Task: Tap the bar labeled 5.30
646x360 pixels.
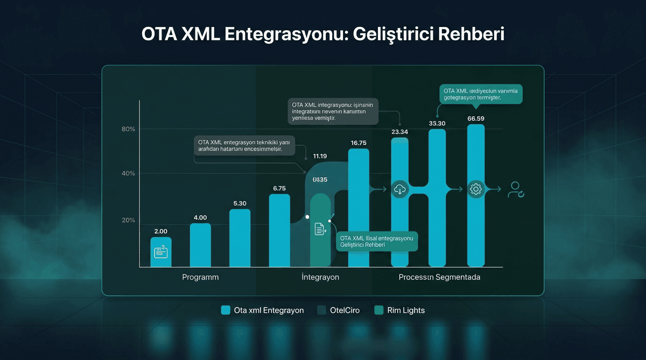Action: point(240,238)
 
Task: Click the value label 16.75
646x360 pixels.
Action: point(359,143)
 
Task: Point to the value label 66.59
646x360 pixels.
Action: point(476,118)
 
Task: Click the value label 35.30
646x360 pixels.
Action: point(437,123)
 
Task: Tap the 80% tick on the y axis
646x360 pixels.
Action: point(128,129)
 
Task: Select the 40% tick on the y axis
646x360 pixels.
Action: point(128,173)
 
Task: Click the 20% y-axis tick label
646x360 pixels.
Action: point(128,220)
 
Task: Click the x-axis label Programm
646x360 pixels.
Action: point(200,277)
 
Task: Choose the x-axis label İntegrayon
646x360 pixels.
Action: point(320,277)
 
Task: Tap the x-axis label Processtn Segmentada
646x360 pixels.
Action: point(439,277)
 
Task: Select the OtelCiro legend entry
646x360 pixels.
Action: point(339,310)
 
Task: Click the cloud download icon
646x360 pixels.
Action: point(399,189)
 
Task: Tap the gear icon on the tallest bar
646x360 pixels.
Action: point(476,189)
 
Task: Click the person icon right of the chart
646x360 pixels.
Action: point(515,189)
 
